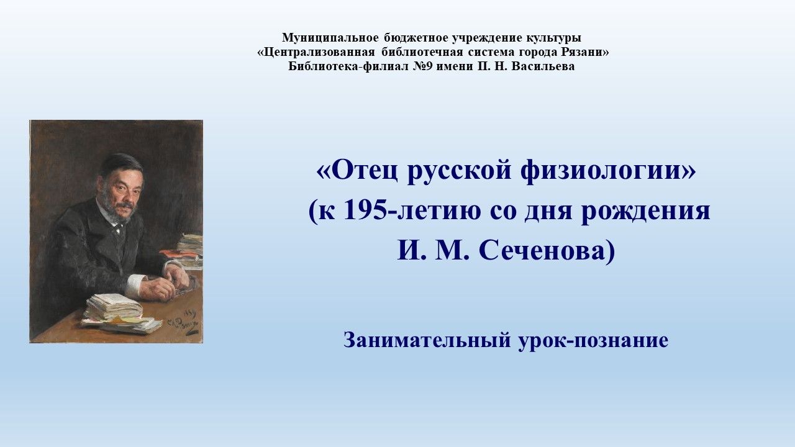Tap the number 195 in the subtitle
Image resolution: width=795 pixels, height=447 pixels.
365,211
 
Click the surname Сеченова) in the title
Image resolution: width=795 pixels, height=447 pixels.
547,251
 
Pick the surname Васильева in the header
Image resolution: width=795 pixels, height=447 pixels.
543,66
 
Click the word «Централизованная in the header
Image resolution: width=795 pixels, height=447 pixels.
316,52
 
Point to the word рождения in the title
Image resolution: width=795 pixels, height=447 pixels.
645,212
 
